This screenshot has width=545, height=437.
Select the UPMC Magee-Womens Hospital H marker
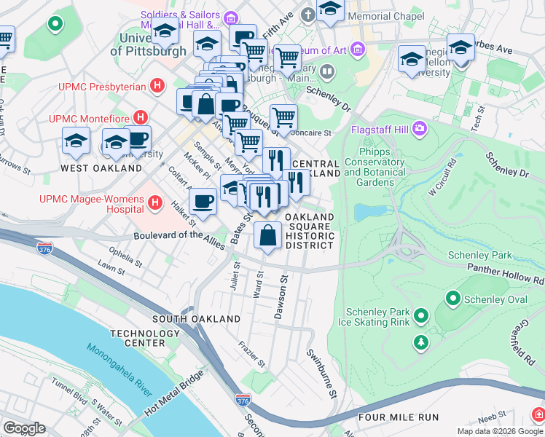tap(154, 204)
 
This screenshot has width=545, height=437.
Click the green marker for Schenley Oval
tap(452, 298)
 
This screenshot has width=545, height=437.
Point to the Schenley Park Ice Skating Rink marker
tap(420, 315)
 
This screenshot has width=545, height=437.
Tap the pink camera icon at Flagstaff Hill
tap(420, 130)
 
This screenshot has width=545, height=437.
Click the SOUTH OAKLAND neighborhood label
tap(196, 319)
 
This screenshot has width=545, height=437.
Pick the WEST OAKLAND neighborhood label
tap(101, 168)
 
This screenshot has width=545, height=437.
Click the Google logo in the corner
tap(24, 428)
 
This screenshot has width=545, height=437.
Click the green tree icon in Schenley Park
tap(420, 342)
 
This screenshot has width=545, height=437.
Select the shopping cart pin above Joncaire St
tap(283, 116)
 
